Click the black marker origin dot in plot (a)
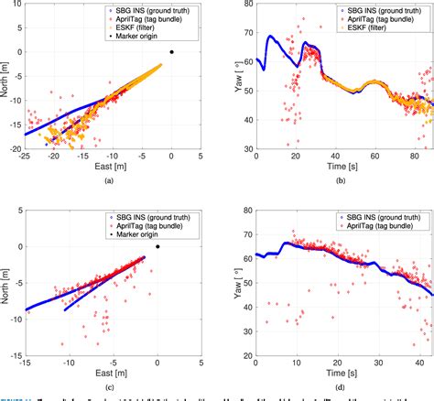172,52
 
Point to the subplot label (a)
109,182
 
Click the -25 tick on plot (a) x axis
25,157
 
